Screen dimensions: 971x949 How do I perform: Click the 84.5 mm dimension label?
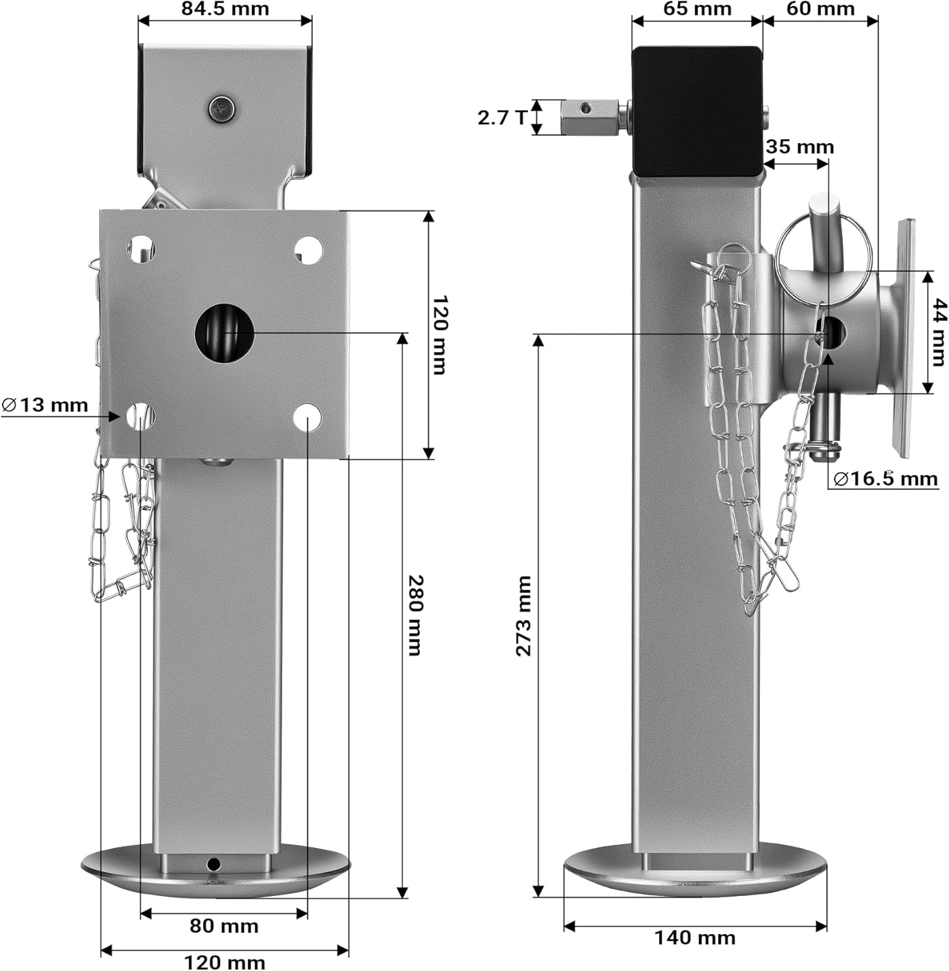click(x=224, y=9)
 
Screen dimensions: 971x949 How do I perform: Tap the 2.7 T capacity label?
click(x=502, y=117)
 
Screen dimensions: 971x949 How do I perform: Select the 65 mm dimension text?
click(x=697, y=9)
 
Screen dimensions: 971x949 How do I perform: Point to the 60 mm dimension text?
click(x=820, y=9)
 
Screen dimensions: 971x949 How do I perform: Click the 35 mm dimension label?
click(x=800, y=147)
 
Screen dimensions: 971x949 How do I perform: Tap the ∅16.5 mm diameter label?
click(x=886, y=479)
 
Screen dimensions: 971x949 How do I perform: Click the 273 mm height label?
click(x=523, y=616)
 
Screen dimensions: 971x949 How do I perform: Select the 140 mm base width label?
click(x=695, y=937)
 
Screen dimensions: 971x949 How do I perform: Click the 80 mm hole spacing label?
click(x=224, y=926)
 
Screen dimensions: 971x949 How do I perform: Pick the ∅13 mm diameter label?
click(x=45, y=406)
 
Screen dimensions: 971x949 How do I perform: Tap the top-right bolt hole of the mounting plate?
click(x=309, y=249)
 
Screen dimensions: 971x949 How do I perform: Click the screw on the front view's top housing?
click(x=222, y=108)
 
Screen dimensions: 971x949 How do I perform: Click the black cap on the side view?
click(x=696, y=110)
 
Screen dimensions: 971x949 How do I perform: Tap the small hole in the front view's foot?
click(x=213, y=864)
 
